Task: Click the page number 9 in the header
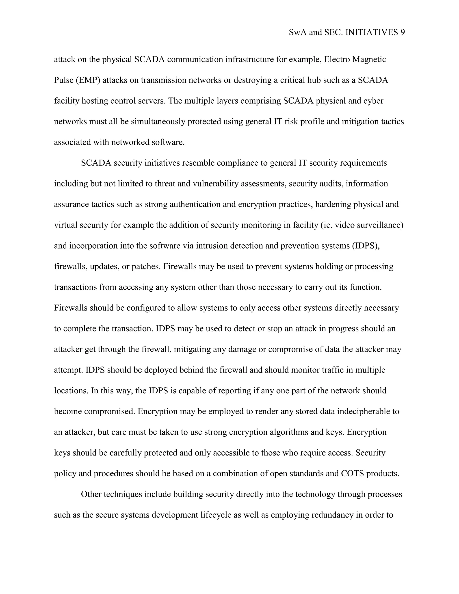[403, 33]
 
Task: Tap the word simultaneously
[159, 121]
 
